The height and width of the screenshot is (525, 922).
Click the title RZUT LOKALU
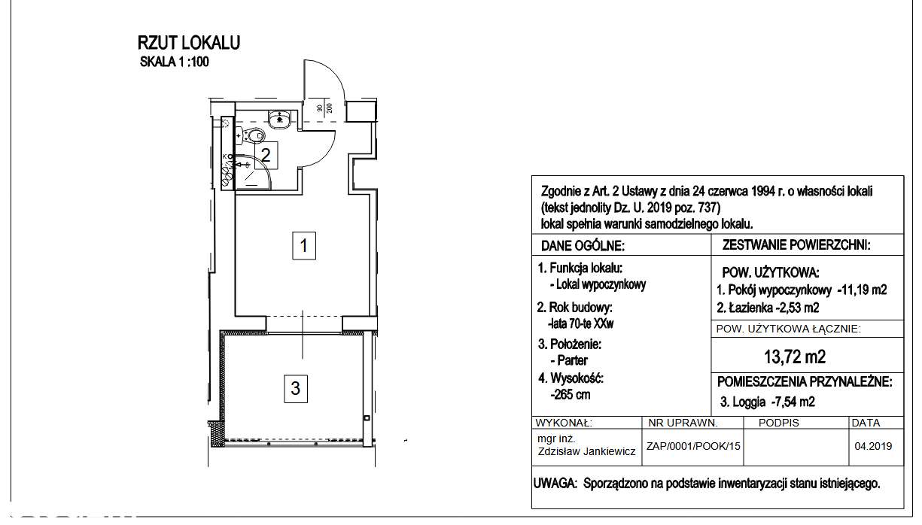click(x=189, y=43)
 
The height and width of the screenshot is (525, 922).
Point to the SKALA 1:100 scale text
click(x=174, y=62)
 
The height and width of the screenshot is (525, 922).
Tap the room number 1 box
click(x=303, y=245)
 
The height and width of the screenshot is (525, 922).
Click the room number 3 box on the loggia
click(x=296, y=388)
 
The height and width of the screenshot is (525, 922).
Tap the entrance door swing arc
click(x=337, y=75)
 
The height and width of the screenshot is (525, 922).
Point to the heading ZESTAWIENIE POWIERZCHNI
click(x=796, y=245)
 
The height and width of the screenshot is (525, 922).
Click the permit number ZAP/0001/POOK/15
click(x=693, y=446)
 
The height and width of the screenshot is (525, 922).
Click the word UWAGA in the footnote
click(x=554, y=484)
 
